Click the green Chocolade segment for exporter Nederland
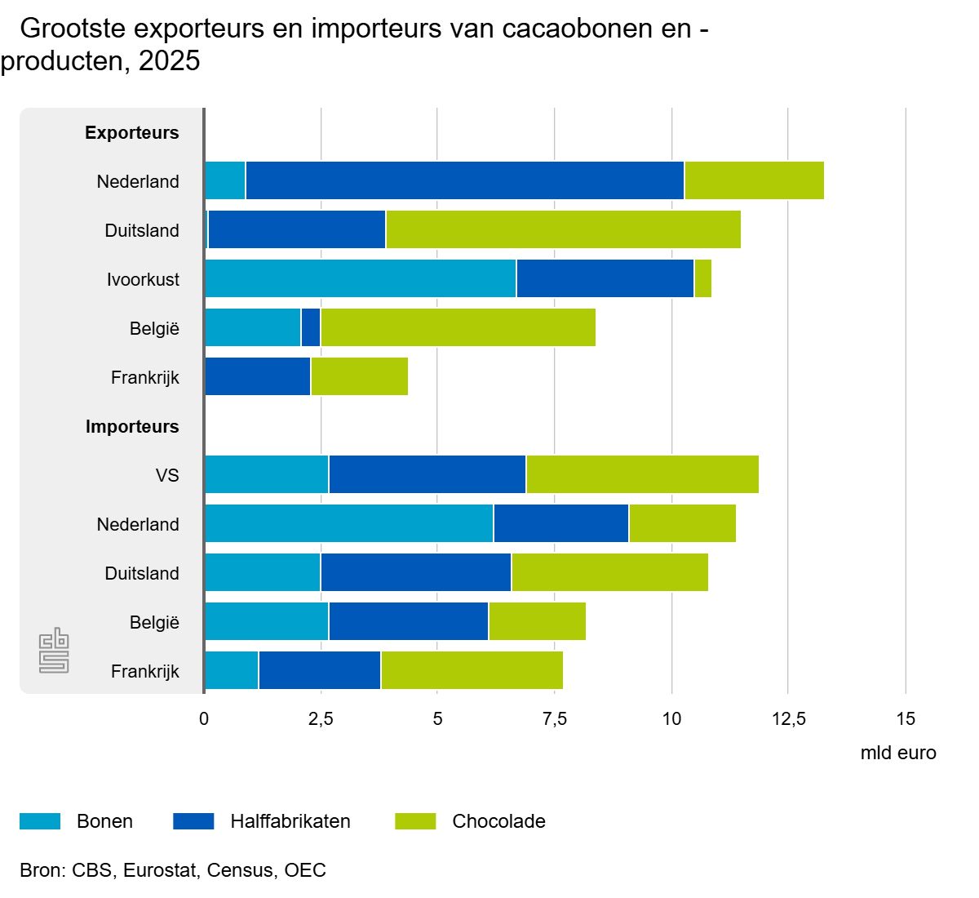pyautogui.click(x=754, y=180)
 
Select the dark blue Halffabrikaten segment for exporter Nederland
pyautogui.click(x=464, y=180)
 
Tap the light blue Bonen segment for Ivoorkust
pyautogui.click(x=360, y=278)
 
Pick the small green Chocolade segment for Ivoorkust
pyautogui.click(x=702, y=278)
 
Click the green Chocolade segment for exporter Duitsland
pyautogui.click(x=563, y=229)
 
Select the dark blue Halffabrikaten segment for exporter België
pyautogui.click(x=311, y=327)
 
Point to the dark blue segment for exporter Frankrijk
pyautogui.click(x=257, y=376)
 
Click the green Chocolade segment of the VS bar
pyautogui.click(x=642, y=474)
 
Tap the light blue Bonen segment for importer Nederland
pyautogui.click(x=348, y=523)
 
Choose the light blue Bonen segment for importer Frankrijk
pyautogui.click(x=231, y=670)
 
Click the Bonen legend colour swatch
pyautogui.click(x=40, y=821)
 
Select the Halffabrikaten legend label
pyautogui.click(x=290, y=821)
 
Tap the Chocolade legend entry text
pyautogui.click(x=498, y=821)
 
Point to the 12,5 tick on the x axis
pyautogui.click(x=788, y=719)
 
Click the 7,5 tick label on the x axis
pyautogui.click(x=555, y=719)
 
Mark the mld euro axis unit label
pyautogui.click(x=897, y=753)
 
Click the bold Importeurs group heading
pyautogui.click(x=132, y=426)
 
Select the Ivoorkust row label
pyautogui.click(x=143, y=279)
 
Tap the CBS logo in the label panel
pyautogui.click(x=55, y=651)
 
